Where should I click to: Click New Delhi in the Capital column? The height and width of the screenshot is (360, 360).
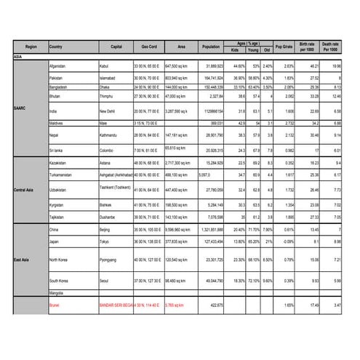coord(110,111)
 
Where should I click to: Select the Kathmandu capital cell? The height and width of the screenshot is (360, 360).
coord(111,135)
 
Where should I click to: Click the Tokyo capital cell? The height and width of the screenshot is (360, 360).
coord(104,241)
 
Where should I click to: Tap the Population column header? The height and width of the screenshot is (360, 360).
coord(211,47)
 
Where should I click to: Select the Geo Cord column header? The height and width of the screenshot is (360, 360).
coord(149,47)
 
